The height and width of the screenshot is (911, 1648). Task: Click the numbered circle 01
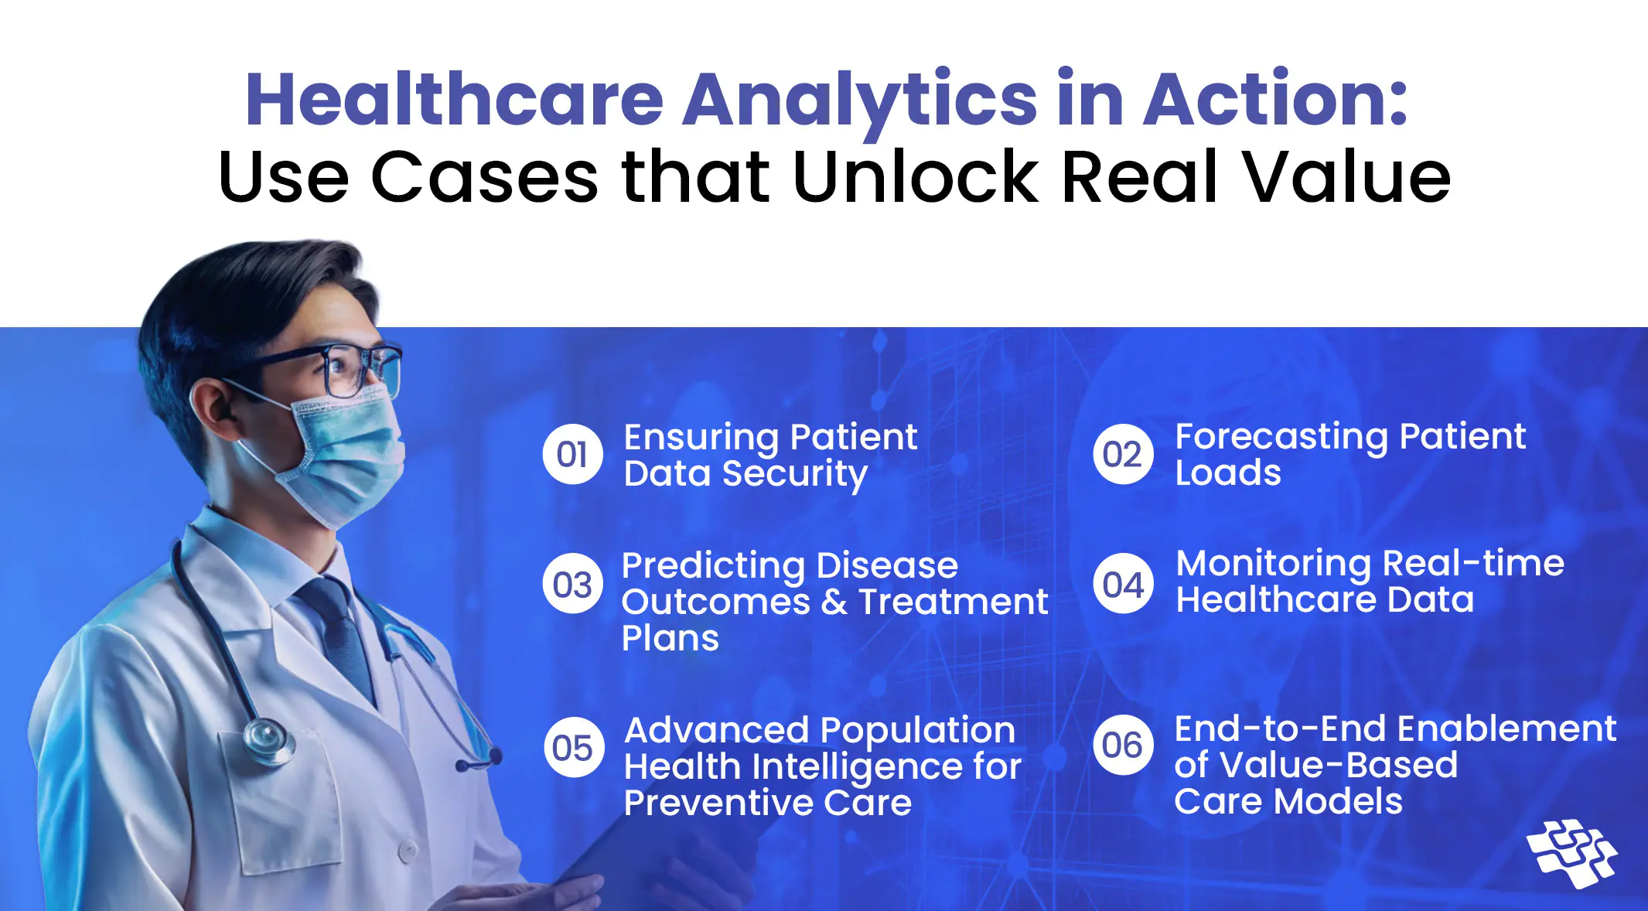click(x=572, y=455)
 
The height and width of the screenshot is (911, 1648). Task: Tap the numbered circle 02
click(x=1123, y=455)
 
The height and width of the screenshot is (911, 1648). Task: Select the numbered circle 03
click(x=572, y=584)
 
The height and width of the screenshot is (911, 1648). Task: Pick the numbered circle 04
click(x=1123, y=584)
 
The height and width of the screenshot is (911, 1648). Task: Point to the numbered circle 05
click(x=574, y=747)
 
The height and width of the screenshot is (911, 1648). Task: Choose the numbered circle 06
click(x=1123, y=745)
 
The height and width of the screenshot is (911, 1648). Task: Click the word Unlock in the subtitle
click(x=916, y=177)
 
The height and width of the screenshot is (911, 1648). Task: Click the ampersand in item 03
click(x=834, y=602)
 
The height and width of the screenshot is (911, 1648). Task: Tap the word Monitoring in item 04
click(x=1273, y=565)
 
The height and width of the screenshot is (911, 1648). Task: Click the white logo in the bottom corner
click(x=1572, y=853)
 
